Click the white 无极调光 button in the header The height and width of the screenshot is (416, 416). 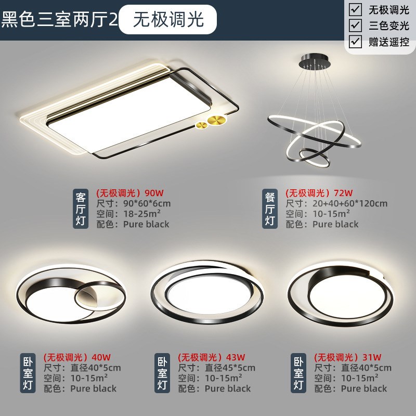coord(167,20)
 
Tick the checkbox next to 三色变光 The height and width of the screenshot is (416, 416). coord(355,25)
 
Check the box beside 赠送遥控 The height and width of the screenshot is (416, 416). coord(355,41)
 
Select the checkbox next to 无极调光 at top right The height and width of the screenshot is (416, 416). coord(355,9)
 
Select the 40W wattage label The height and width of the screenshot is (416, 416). coord(101,357)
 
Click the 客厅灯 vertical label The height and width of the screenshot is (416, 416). coord(81,208)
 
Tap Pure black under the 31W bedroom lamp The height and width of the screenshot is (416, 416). coord(364,388)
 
